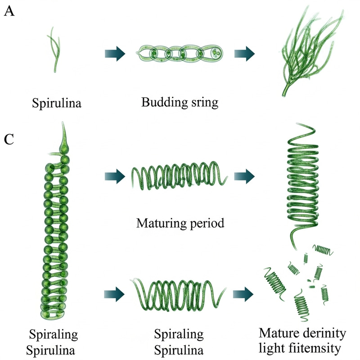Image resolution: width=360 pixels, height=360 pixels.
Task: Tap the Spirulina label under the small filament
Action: pyautogui.click(x=56, y=103)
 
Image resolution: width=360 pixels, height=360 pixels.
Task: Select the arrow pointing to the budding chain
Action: pyautogui.click(x=114, y=54)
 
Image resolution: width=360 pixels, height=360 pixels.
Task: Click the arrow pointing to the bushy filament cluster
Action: pyautogui.click(x=244, y=54)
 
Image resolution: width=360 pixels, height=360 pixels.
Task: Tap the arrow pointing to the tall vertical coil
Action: pyautogui.click(x=244, y=176)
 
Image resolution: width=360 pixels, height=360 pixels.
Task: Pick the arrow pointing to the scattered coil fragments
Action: pyautogui.click(x=244, y=294)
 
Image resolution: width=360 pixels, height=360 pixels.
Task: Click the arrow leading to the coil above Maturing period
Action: pyautogui.click(x=114, y=176)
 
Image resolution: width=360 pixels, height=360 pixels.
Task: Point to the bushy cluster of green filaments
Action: pyautogui.click(x=306, y=52)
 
